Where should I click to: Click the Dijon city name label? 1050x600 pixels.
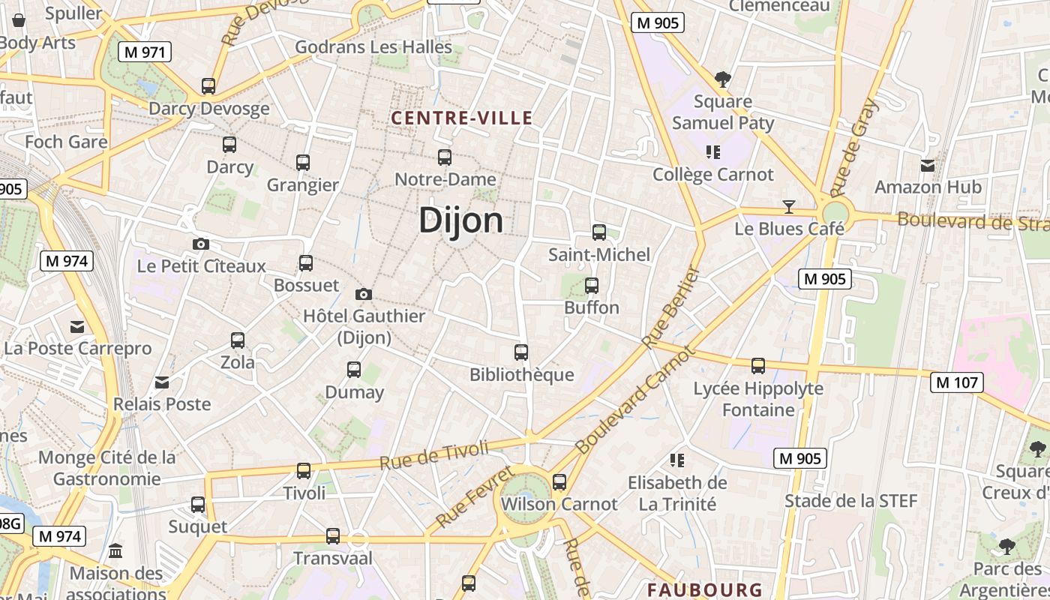(x=460, y=220)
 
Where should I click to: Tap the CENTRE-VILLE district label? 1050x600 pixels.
(x=462, y=118)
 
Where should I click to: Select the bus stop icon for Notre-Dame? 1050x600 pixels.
(x=445, y=157)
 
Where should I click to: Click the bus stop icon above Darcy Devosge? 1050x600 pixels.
(x=208, y=86)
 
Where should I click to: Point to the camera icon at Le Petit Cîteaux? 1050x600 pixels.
(x=201, y=244)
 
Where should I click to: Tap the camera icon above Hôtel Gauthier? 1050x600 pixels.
(x=364, y=294)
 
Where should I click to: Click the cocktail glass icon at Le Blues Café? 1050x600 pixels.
(x=789, y=206)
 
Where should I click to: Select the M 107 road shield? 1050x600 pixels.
(x=957, y=382)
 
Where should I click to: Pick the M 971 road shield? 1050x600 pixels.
(x=145, y=52)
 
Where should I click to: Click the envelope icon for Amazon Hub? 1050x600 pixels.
(x=928, y=165)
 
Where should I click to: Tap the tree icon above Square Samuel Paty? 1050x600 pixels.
(x=723, y=79)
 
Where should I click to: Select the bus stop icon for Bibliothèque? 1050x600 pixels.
(x=521, y=352)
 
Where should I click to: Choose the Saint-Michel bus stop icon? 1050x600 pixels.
(x=598, y=232)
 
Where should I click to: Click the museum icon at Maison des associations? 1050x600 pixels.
(x=115, y=551)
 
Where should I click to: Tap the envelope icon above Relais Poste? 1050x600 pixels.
(x=161, y=382)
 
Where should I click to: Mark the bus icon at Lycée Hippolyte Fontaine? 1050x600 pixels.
(x=758, y=366)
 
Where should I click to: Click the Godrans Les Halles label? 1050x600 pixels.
(x=373, y=47)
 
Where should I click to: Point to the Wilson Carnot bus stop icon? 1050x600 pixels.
(x=559, y=482)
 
